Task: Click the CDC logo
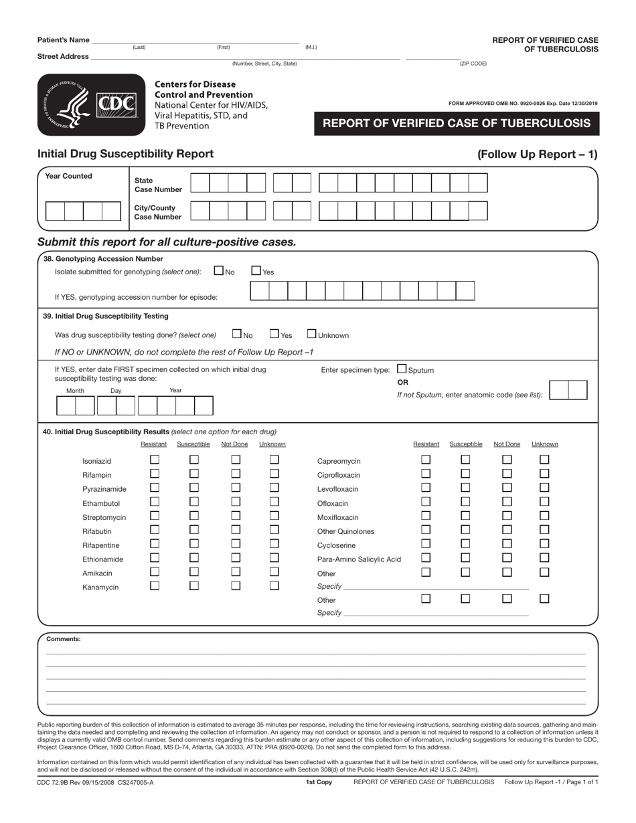pyautogui.click(x=91, y=104)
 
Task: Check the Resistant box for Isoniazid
pyautogui.click(x=155, y=460)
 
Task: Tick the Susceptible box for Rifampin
pyautogui.click(x=194, y=474)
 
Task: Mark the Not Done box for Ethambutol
pyautogui.click(x=236, y=502)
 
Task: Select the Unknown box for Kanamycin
pyautogui.click(x=274, y=585)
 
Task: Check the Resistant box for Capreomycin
pyautogui.click(x=426, y=460)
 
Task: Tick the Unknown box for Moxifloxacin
pyautogui.click(x=544, y=516)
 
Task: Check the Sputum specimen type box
pyautogui.click(x=402, y=369)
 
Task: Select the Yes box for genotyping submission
pyautogui.click(x=256, y=271)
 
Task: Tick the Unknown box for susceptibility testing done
pyautogui.click(x=312, y=334)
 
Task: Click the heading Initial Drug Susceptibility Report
pyautogui.click(x=126, y=154)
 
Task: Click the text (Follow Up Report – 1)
pyautogui.click(x=537, y=155)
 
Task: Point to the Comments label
pyautogui.click(x=64, y=639)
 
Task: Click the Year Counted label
pyautogui.click(x=68, y=177)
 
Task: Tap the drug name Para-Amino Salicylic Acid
pyautogui.click(x=359, y=559)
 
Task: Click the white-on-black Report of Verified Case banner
pyautogui.click(x=457, y=124)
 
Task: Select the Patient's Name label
pyautogui.click(x=63, y=40)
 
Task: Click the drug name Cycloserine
pyautogui.click(x=336, y=545)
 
